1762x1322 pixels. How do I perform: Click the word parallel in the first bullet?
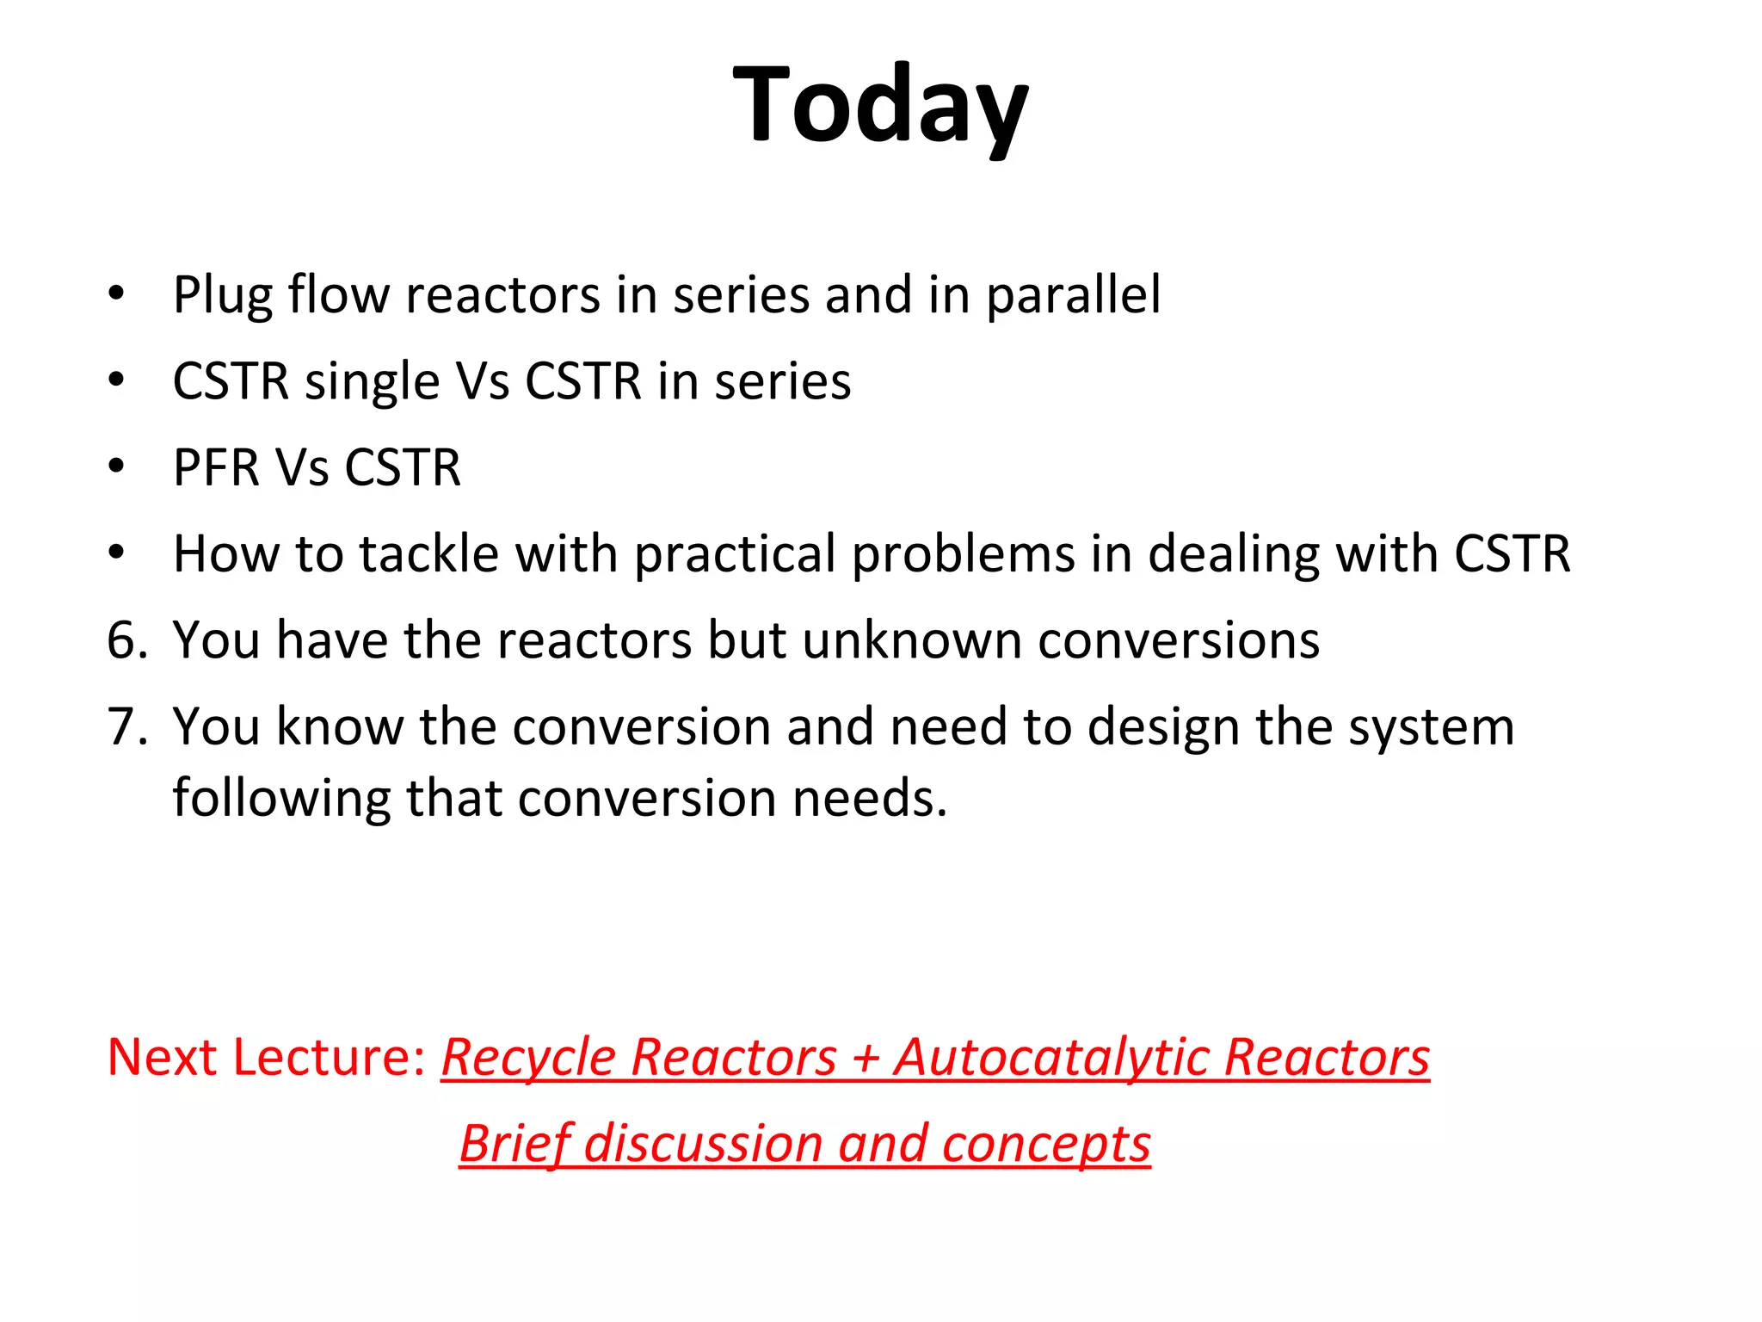tap(1073, 295)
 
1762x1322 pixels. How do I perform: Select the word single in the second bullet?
tap(372, 382)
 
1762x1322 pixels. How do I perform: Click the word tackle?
tap(428, 553)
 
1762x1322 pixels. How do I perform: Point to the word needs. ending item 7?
tap(869, 799)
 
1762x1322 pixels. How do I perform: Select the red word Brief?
tap(514, 1146)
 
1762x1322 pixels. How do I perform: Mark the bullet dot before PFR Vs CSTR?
tap(117, 466)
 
